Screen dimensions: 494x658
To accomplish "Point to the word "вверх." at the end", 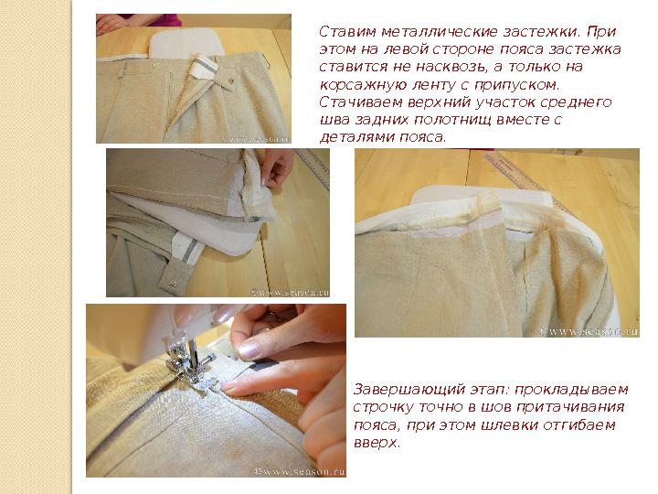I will click(376, 443).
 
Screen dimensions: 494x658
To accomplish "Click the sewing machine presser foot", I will click(187, 366).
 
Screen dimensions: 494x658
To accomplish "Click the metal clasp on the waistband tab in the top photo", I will click(230, 81).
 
